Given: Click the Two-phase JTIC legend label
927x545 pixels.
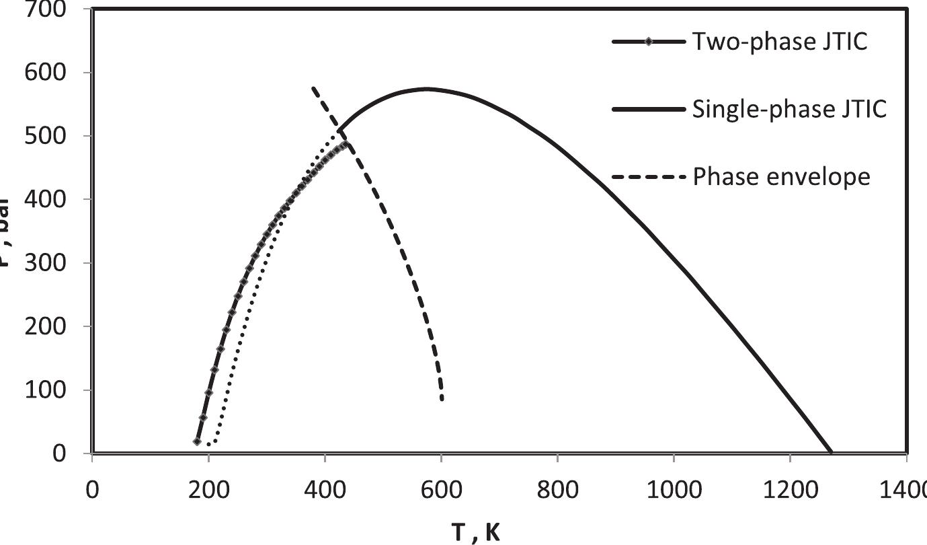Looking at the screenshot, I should (780, 42).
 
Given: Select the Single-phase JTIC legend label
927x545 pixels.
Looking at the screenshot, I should (789, 108).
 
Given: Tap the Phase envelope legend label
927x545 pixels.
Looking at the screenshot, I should (781, 177).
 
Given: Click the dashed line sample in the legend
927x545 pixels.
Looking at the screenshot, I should (648, 177).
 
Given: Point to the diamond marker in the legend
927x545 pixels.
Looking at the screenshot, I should (648, 42).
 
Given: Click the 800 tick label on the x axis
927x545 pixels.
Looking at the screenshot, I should (557, 489).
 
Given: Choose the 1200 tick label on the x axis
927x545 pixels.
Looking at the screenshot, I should (790, 489).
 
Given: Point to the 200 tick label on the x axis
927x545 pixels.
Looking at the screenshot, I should (208, 489).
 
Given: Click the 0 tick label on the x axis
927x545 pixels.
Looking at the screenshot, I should (92, 489).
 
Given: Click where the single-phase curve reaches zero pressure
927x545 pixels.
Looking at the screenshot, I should (832, 452).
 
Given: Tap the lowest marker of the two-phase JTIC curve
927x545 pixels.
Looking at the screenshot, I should (197, 441).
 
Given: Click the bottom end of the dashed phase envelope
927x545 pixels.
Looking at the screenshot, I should (442, 399).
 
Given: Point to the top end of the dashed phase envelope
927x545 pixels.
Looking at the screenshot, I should (313, 88).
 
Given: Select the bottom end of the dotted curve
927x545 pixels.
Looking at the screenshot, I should (209, 444).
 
